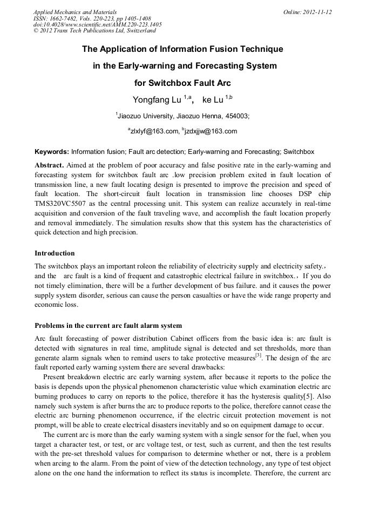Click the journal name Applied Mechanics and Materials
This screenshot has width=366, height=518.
[x=75, y=12]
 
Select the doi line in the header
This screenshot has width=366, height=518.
[x=97, y=24]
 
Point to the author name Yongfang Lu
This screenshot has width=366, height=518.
[x=157, y=100]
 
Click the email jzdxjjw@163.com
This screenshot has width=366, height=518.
[x=211, y=131]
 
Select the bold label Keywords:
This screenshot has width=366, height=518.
[x=52, y=152]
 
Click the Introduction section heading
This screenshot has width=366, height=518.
[x=55, y=253]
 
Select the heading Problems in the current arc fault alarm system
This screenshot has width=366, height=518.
[x=108, y=326]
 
